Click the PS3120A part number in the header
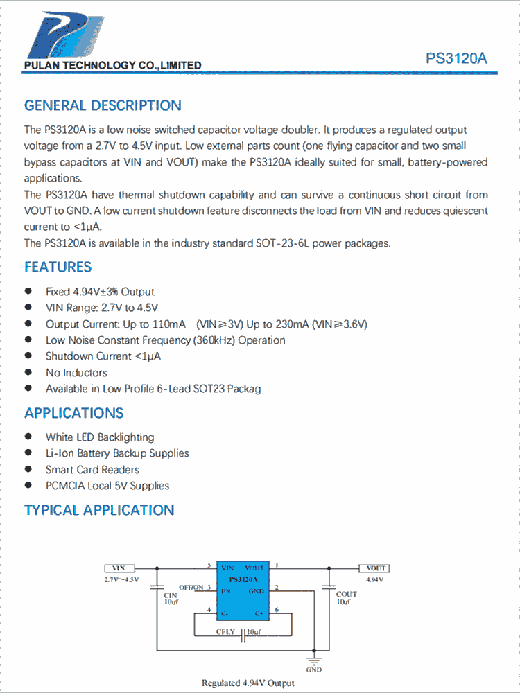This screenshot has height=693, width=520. click(456, 59)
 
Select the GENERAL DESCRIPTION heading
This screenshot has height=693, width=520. click(103, 106)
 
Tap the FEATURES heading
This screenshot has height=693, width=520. click(58, 267)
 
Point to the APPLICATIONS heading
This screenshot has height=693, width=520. click(73, 413)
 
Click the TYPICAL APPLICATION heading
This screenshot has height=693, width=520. click(99, 510)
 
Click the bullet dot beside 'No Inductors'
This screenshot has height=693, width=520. click(28, 372)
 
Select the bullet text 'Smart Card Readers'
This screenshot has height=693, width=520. click(92, 470)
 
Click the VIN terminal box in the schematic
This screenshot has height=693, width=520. click(119, 568)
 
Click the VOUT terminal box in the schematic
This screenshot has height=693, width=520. click(375, 568)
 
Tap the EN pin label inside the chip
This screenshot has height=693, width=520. click(226, 591)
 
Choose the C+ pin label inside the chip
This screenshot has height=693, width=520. click(259, 614)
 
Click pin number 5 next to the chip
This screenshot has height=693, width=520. click(209, 565)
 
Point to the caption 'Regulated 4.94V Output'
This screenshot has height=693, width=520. click(248, 683)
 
